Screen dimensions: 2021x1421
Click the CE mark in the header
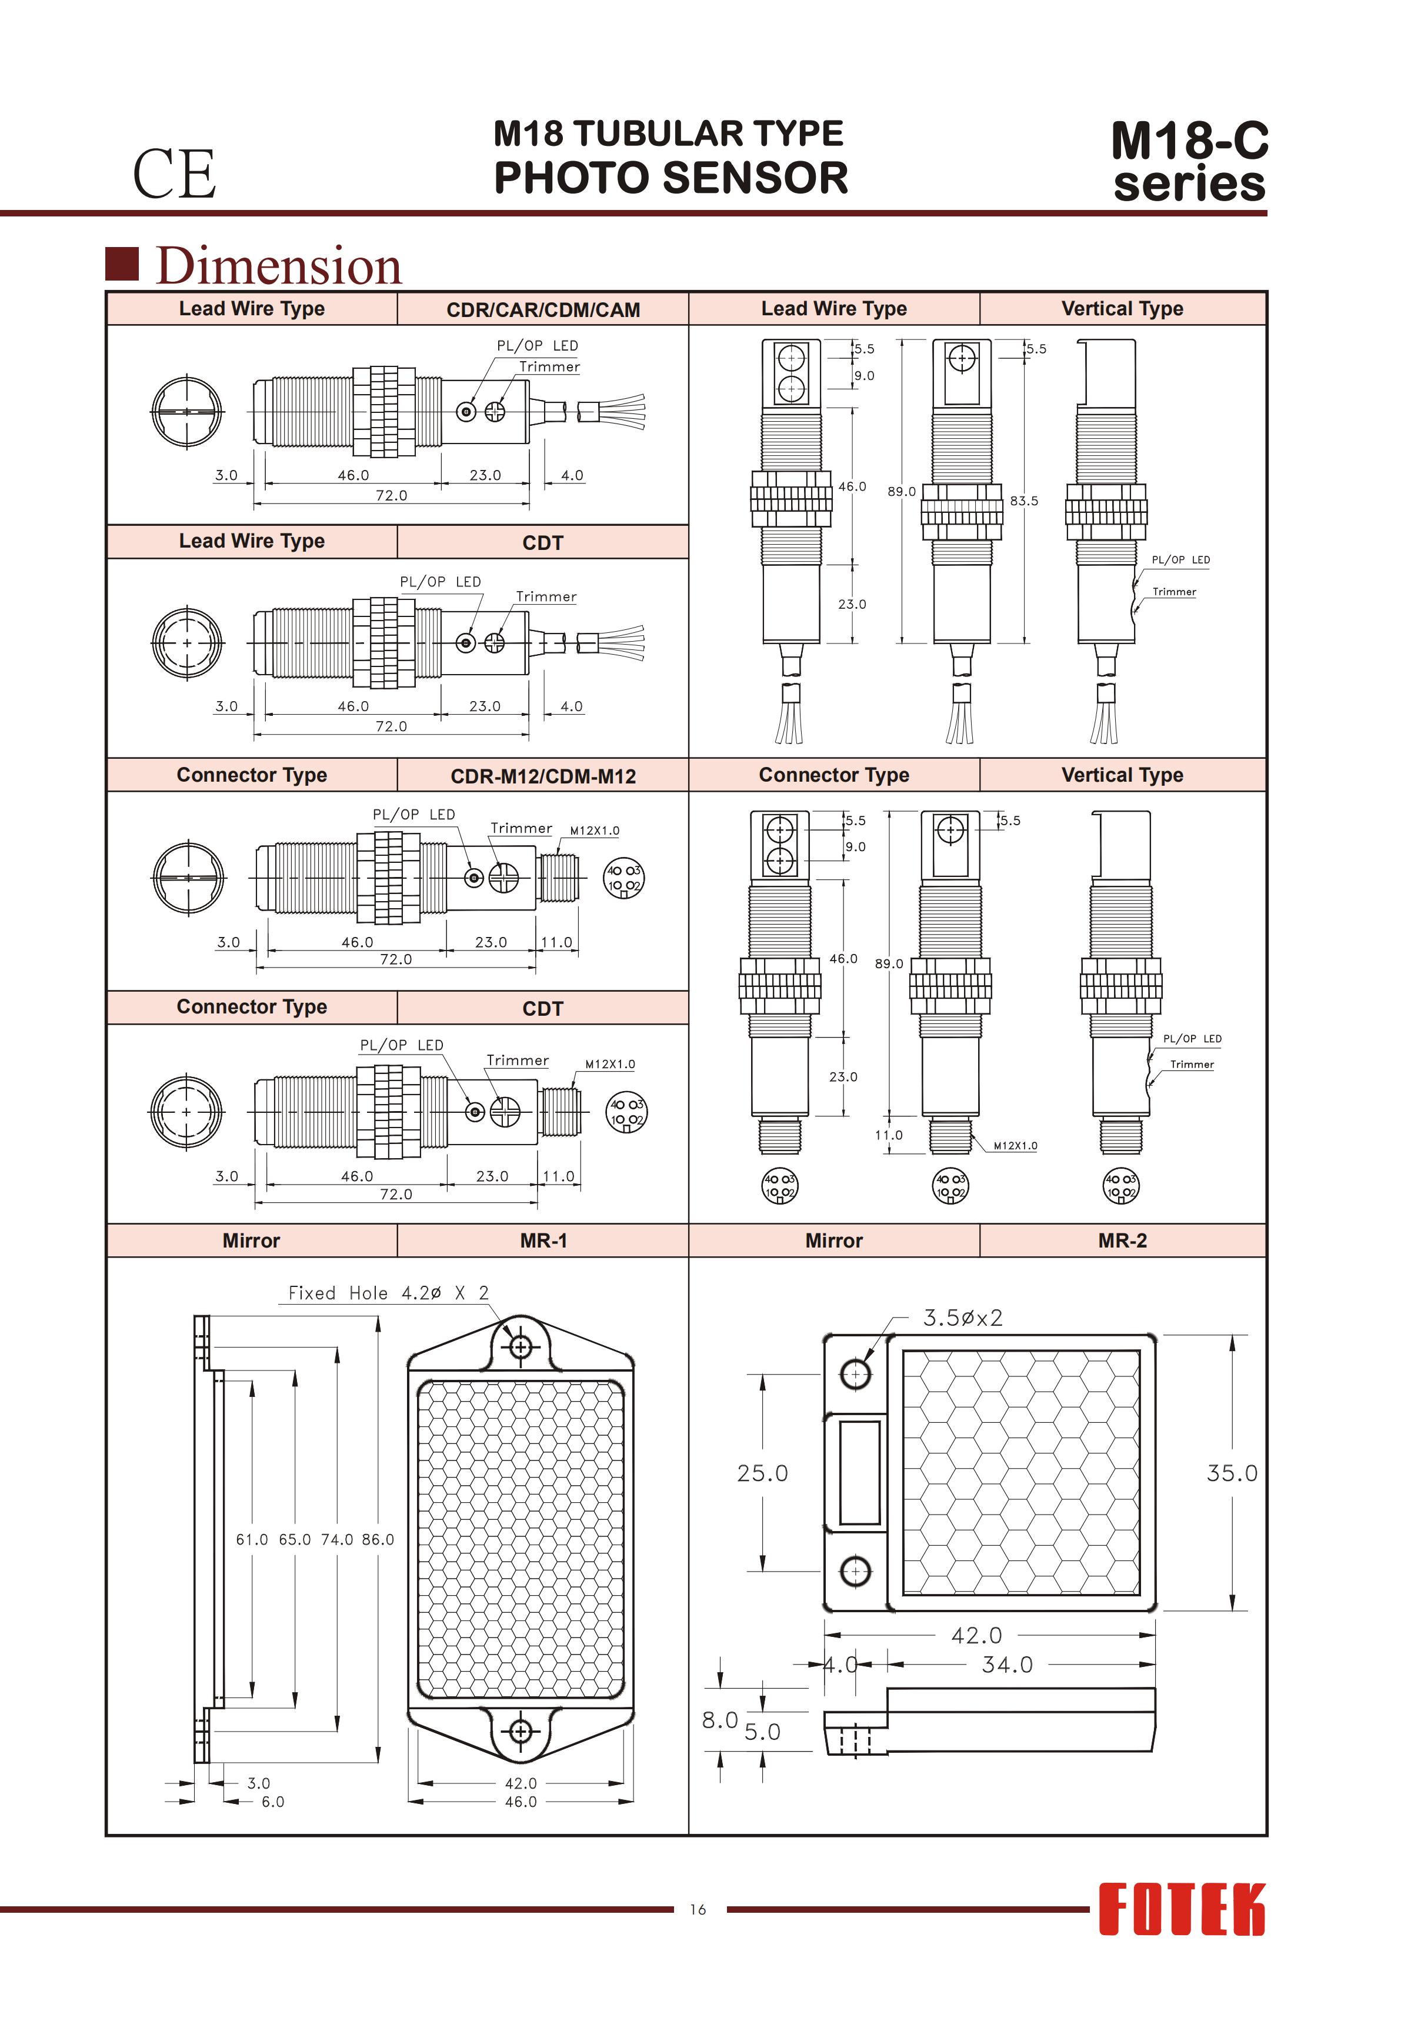pyautogui.click(x=174, y=174)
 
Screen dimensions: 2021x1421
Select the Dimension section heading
pyautogui.click(x=278, y=266)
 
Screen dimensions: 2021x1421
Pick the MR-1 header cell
pyautogui.click(x=543, y=1240)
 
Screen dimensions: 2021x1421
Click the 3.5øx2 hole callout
pyautogui.click(x=962, y=1318)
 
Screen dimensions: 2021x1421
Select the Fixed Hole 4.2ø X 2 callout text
pyautogui.click(x=388, y=1293)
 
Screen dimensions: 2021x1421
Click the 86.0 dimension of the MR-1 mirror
pyautogui.click(x=378, y=1539)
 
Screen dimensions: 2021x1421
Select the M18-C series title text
pyautogui.click(x=1189, y=161)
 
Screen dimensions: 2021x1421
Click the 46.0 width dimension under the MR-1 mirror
pyautogui.click(x=521, y=1802)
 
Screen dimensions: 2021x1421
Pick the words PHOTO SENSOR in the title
pyautogui.click(x=671, y=178)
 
